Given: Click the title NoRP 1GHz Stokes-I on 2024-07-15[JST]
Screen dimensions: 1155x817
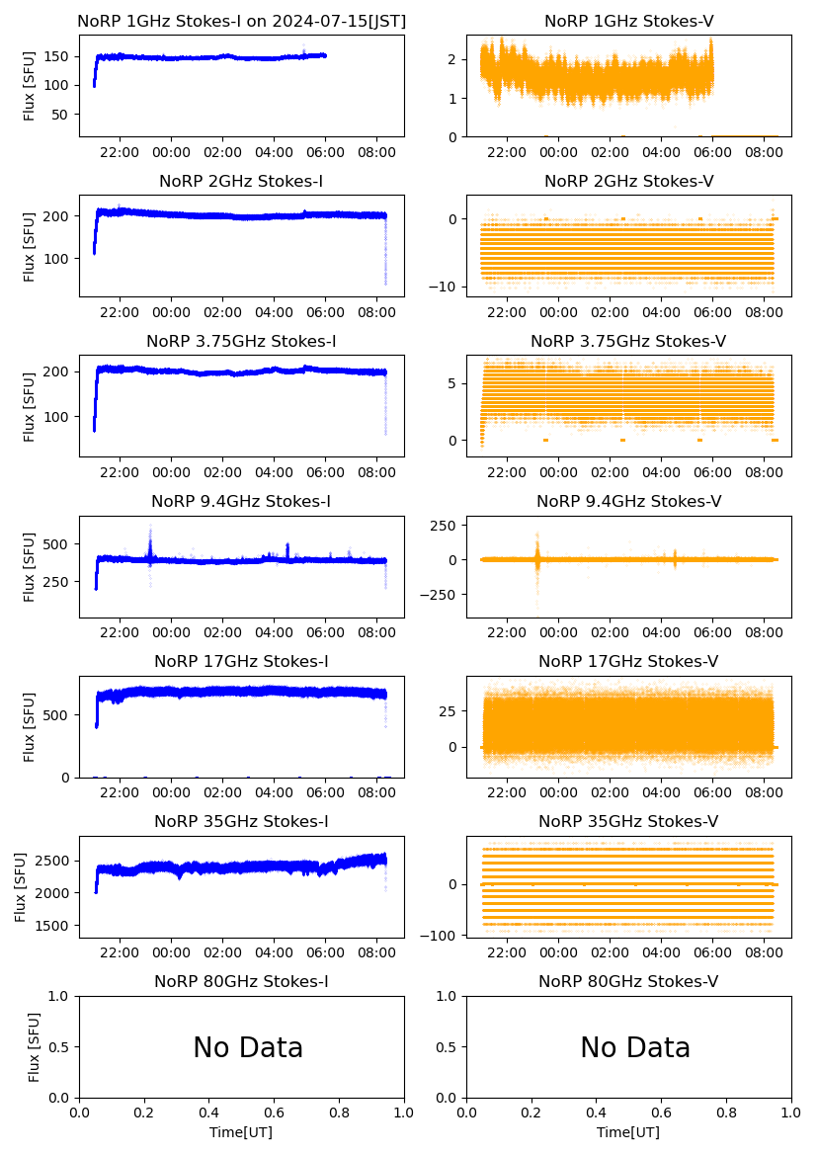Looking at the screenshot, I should point(241,21).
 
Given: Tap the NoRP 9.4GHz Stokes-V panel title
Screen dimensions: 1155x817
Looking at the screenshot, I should point(628,502).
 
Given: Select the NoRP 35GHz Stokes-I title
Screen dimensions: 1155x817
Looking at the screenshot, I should point(241,822).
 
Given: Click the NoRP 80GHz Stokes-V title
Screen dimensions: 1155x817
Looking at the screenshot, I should point(628,981).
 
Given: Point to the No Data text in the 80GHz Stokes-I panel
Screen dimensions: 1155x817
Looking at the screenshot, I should point(248,1047).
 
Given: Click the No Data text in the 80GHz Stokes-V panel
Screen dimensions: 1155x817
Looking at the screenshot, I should point(635,1047).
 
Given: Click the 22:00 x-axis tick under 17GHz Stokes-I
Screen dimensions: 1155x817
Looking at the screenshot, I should point(120,792).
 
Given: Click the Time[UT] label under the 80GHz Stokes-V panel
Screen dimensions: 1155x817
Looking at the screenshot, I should point(628,1131).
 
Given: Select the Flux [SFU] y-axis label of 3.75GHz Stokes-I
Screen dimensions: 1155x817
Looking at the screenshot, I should point(29,406).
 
